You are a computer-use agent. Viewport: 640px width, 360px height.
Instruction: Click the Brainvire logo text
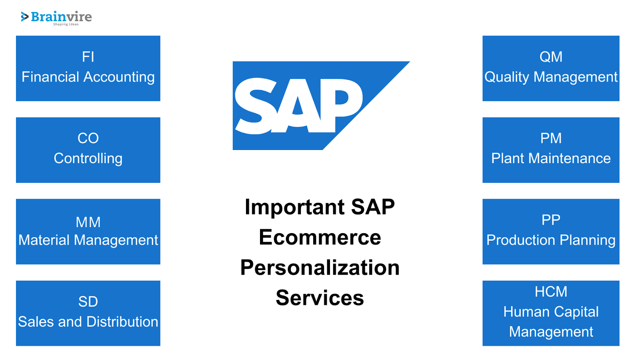(x=62, y=17)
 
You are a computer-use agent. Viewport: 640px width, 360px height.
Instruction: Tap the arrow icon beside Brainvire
(x=24, y=16)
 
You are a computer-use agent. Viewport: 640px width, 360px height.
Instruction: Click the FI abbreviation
(x=88, y=56)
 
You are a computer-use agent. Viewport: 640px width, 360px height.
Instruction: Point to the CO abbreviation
(x=88, y=138)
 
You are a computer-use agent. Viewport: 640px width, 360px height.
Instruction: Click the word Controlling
(x=88, y=158)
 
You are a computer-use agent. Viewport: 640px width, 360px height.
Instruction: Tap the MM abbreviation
(x=88, y=222)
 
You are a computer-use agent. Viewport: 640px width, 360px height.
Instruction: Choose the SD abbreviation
(x=88, y=302)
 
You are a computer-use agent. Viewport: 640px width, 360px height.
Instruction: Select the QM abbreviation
(x=551, y=56)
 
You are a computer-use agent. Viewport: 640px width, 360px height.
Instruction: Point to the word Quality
(x=507, y=77)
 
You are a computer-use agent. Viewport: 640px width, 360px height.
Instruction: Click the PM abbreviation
(x=551, y=138)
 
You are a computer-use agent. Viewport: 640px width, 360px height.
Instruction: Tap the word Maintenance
(x=570, y=158)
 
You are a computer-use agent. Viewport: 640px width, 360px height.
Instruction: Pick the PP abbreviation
(x=551, y=220)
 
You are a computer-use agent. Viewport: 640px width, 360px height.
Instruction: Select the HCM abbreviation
(x=551, y=292)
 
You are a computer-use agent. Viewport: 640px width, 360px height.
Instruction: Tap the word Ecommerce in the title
(x=320, y=238)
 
